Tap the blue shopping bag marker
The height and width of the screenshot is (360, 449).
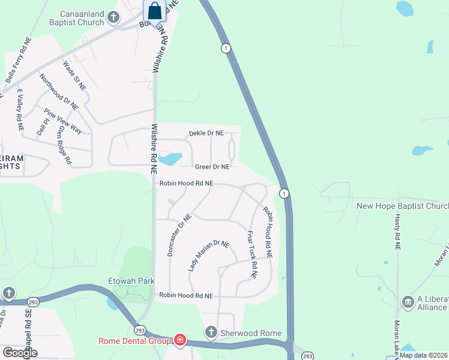[154, 11]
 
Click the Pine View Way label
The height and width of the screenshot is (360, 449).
[63, 121]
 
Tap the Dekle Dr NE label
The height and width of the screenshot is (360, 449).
[206, 133]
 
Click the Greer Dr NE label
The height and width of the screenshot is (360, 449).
[212, 166]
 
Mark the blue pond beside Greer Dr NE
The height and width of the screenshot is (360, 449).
[170, 159]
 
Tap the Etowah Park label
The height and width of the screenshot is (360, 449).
[131, 280]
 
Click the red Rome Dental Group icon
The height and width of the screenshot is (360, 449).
[179, 341]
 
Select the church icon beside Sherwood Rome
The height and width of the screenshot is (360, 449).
[210, 332]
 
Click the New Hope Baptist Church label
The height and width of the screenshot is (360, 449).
[402, 206]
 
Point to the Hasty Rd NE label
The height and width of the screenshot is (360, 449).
[397, 234]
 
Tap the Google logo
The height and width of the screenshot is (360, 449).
[20, 353]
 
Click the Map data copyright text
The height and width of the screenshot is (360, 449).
[424, 355]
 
